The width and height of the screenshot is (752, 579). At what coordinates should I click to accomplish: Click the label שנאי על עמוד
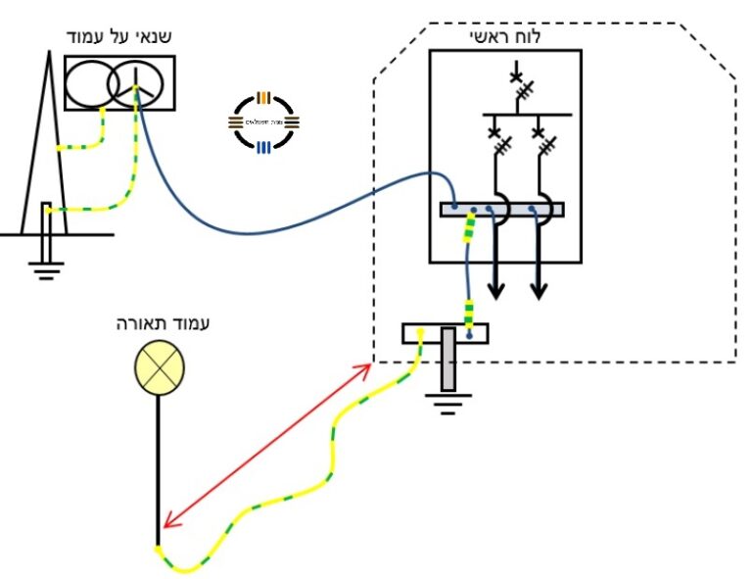pyautogui.click(x=117, y=37)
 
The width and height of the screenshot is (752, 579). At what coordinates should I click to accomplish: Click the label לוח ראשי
pyautogui.click(x=505, y=37)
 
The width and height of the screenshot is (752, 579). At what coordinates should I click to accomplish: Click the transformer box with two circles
pyautogui.click(x=119, y=82)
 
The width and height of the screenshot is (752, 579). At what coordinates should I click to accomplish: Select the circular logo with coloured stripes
pyautogui.click(x=262, y=122)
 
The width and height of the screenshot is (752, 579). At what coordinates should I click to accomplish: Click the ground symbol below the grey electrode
pyautogui.click(x=448, y=402)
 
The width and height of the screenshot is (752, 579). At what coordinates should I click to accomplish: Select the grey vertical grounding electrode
pyautogui.click(x=448, y=359)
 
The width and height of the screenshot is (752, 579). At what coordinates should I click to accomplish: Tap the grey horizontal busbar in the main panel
pyautogui.click(x=502, y=209)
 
